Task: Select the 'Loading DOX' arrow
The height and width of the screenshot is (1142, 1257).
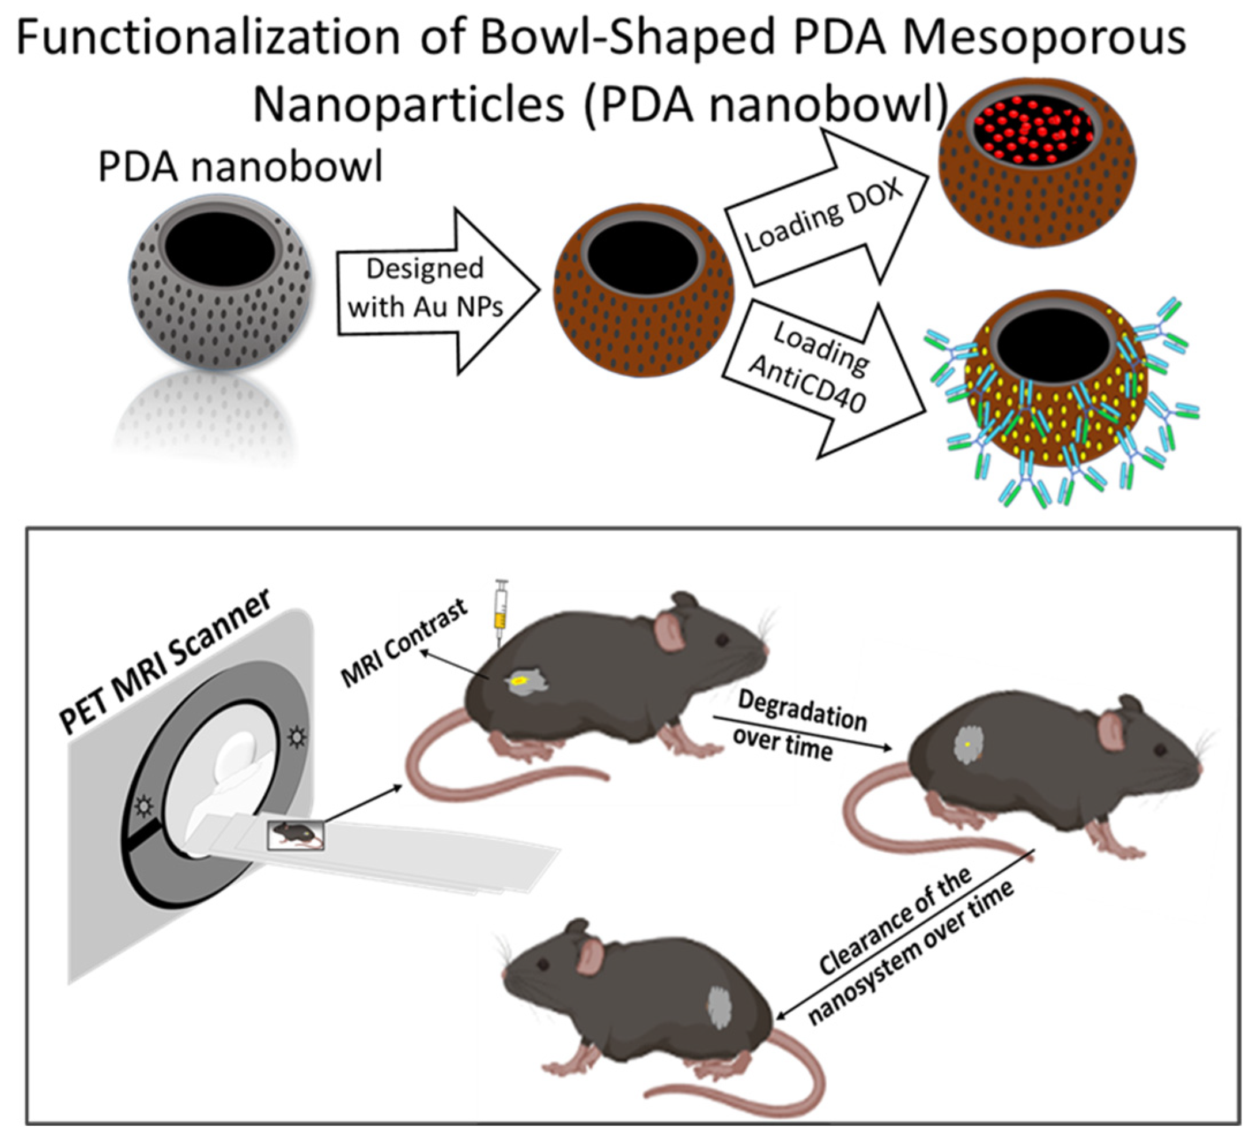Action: pos(823,212)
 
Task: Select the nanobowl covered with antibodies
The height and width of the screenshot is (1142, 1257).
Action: pos(1054,399)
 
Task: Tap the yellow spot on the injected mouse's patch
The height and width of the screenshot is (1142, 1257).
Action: pos(518,682)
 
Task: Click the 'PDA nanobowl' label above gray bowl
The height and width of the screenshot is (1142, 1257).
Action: pos(240,167)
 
